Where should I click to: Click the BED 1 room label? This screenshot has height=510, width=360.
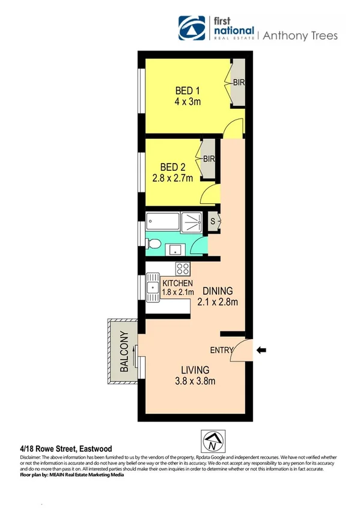(187, 91)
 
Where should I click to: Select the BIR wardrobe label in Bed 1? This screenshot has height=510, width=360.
(238, 82)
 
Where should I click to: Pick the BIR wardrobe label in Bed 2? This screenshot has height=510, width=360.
(209, 159)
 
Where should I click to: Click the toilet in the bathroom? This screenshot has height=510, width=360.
(153, 244)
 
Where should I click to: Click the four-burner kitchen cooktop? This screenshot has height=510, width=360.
(183, 269)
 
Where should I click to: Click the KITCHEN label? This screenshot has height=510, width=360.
(177, 284)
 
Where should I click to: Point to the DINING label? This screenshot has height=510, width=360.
(218, 290)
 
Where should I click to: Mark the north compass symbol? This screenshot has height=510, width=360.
(213, 442)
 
